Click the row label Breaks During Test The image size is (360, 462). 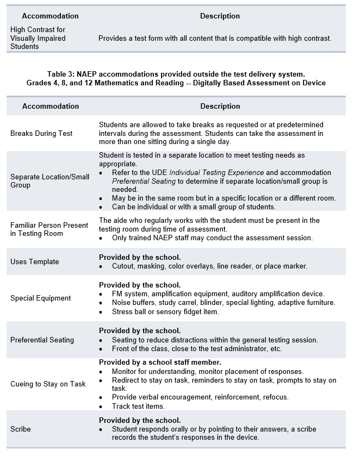tap(41, 133)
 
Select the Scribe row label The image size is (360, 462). tap(21, 429)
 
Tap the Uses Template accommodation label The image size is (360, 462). tap(34, 261)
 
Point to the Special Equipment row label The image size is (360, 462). tap(40, 298)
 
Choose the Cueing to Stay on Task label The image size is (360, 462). tap(48, 384)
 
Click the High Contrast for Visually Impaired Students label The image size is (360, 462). tap(38, 38)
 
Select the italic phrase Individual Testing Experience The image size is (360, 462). tap(209, 173)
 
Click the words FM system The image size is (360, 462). tap(130, 294)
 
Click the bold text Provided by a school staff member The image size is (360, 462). tap(160, 362)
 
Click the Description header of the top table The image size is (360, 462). tap(220, 16)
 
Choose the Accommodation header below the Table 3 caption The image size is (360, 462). tap(51, 106)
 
